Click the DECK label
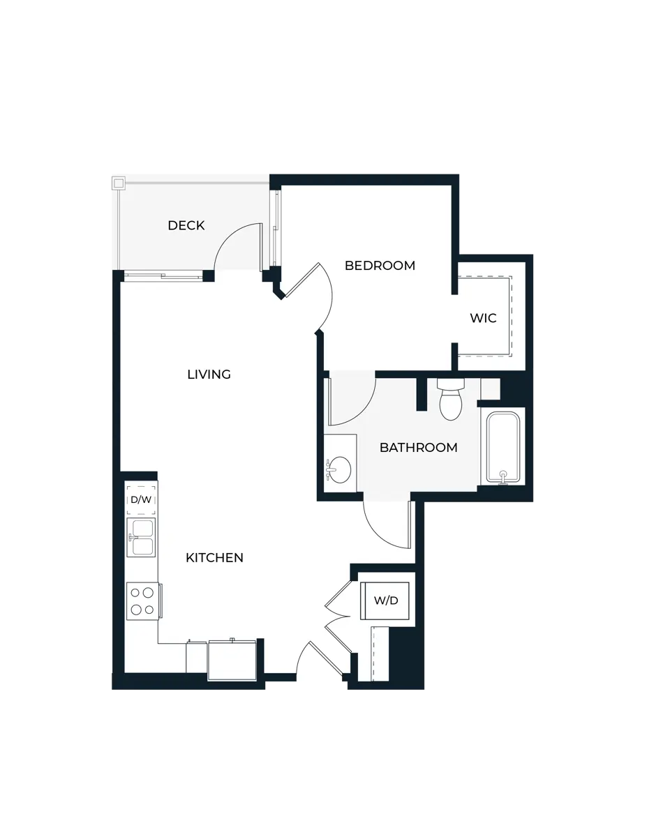(x=186, y=225)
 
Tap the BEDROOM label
(x=380, y=266)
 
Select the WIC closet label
(x=483, y=318)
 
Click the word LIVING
(x=209, y=375)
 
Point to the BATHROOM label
(x=418, y=448)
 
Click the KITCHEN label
(x=214, y=557)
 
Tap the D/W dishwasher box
(x=141, y=499)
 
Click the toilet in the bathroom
(x=451, y=400)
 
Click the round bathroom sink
(x=340, y=469)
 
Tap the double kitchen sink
(x=140, y=537)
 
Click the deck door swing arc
(x=234, y=248)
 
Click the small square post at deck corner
(x=119, y=184)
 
